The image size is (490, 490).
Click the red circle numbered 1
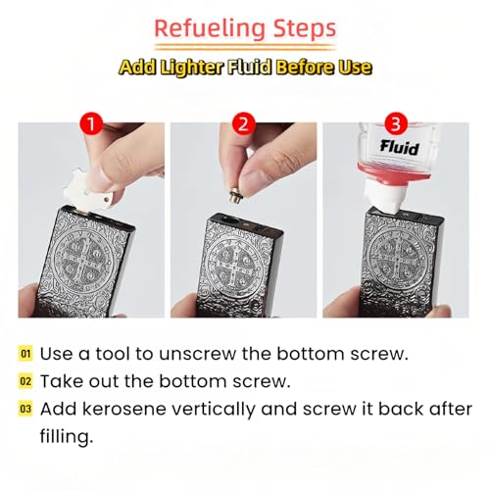pyautogui.click(x=91, y=124)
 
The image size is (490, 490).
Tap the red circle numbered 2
pyautogui.click(x=244, y=124)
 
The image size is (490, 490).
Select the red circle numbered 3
pyautogui.click(x=396, y=124)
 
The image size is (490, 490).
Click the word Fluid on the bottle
pyautogui.click(x=399, y=147)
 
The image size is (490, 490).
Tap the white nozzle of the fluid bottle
pyautogui.click(x=381, y=197)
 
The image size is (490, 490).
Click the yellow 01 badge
pyautogui.click(x=25, y=354)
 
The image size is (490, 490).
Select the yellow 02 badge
pyautogui.click(x=25, y=381)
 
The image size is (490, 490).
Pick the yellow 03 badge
pyautogui.click(x=25, y=409)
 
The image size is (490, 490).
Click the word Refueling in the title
pyautogui.click(x=209, y=29)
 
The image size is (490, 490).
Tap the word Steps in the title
pyautogui.click(x=305, y=29)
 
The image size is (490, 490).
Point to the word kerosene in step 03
pyautogui.click(x=124, y=409)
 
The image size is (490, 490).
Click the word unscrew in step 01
pyautogui.click(x=197, y=354)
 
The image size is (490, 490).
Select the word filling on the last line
pyautogui.click(x=67, y=436)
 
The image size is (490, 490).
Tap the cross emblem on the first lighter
pyautogui.click(x=81, y=257)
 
